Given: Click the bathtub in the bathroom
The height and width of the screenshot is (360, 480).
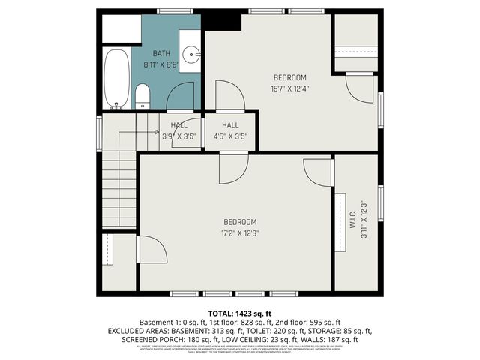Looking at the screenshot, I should pyautogui.click(x=115, y=77).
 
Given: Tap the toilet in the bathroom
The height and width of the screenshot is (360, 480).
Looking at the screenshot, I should pyautogui.click(x=142, y=94).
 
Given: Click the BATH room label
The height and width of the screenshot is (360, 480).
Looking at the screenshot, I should pyautogui.click(x=161, y=54).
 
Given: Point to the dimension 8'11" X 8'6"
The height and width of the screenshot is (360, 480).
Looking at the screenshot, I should pyautogui.click(x=161, y=64).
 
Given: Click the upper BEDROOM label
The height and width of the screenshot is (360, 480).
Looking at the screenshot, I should pyautogui.click(x=289, y=78).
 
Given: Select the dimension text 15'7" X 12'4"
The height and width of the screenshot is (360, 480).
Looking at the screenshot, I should pyautogui.click(x=289, y=88).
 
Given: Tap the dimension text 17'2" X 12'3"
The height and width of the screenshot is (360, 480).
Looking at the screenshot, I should pyautogui.click(x=240, y=232).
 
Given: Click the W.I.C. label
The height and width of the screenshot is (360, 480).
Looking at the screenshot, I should pyautogui.click(x=352, y=220).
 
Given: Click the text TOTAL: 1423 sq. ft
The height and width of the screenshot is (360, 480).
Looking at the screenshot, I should pyautogui.click(x=240, y=313).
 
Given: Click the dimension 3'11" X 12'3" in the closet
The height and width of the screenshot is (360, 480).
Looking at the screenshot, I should pyautogui.click(x=363, y=220).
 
